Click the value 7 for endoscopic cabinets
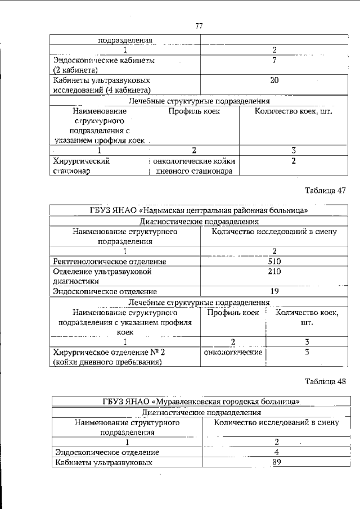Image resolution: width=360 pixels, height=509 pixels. [x=274, y=60]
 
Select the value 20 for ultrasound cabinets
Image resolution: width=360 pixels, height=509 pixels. [x=274, y=80]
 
